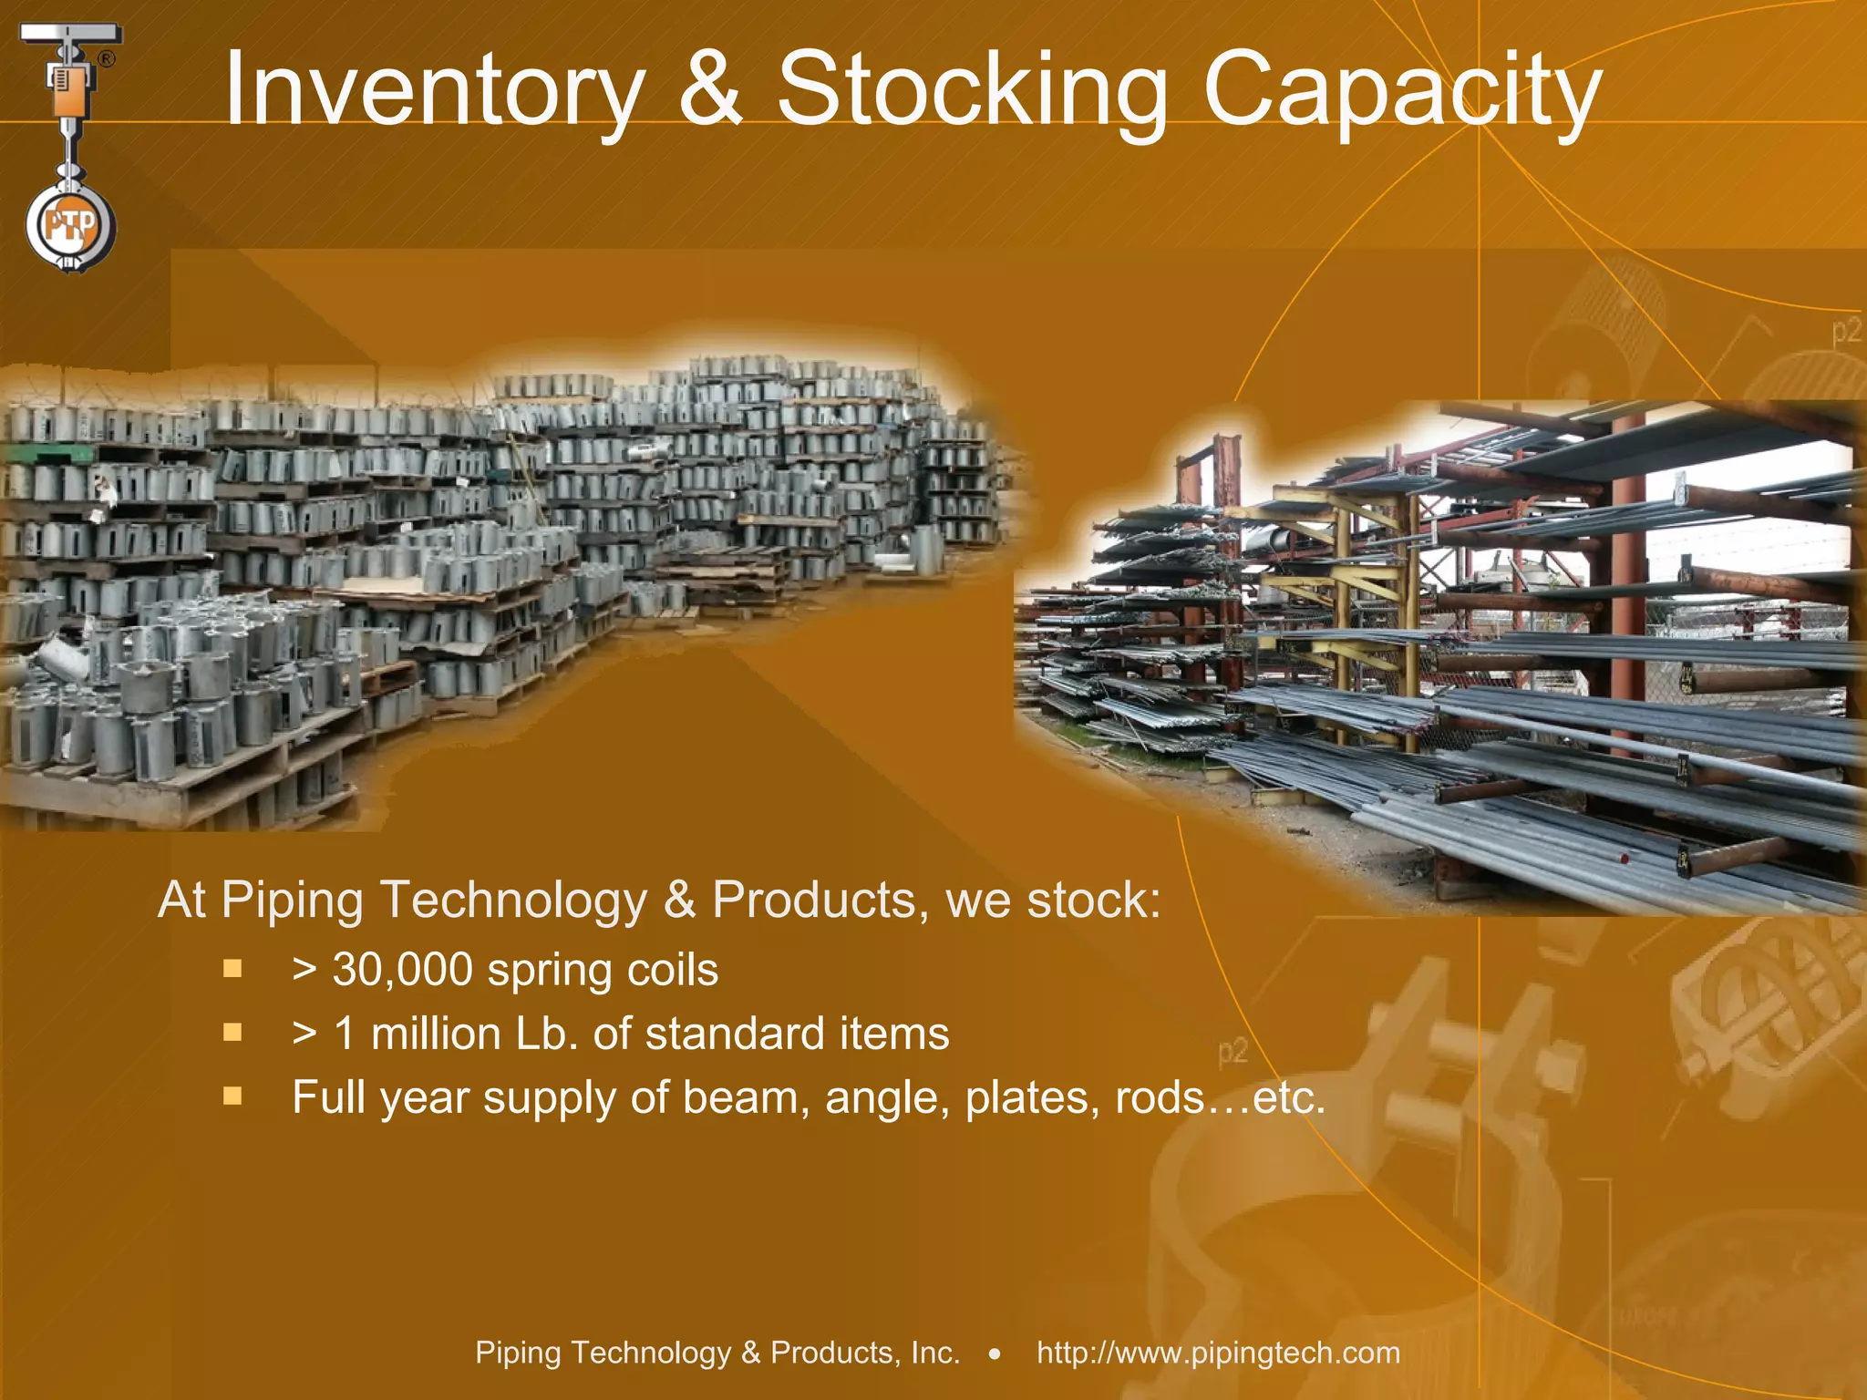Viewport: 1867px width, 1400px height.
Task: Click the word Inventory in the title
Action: pos(434,89)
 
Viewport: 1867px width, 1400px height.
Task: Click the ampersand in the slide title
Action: pos(710,89)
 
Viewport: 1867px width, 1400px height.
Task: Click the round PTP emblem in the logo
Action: pos(71,225)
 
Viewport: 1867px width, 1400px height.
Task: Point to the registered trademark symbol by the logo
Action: pos(107,59)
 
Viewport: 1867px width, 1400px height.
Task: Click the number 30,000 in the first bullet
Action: pos(403,969)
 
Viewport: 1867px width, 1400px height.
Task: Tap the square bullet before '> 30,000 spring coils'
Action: pos(232,968)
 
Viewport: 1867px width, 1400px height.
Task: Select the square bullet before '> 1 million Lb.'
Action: pos(232,1032)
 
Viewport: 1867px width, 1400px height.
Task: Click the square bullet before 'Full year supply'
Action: pos(232,1096)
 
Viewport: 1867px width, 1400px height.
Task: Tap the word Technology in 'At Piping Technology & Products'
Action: pos(511,901)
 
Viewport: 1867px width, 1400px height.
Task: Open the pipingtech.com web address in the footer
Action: pos(1218,1353)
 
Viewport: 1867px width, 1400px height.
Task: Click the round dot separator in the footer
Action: pos(995,1354)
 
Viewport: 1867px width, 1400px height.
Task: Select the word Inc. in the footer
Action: pos(935,1353)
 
